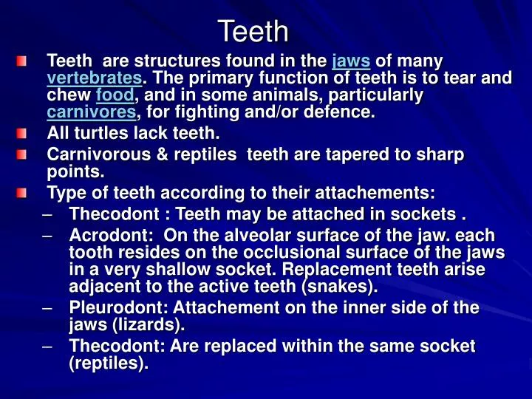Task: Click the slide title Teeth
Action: [253, 31]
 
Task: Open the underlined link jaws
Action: [351, 61]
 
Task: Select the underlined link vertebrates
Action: [94, 78]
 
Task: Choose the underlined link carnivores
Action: [92, 114]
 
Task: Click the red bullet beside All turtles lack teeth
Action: [22, 134]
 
